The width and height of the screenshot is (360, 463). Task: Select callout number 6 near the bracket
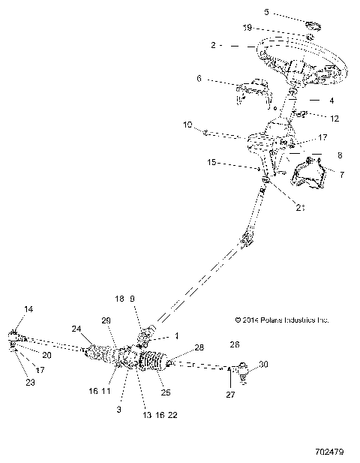click(199, 78)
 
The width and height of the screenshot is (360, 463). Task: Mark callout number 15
click(213, 161)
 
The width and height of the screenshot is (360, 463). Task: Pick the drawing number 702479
click(331, 453)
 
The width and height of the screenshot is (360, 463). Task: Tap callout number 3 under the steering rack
click(118, 410)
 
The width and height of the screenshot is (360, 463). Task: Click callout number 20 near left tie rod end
click(46, 355)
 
